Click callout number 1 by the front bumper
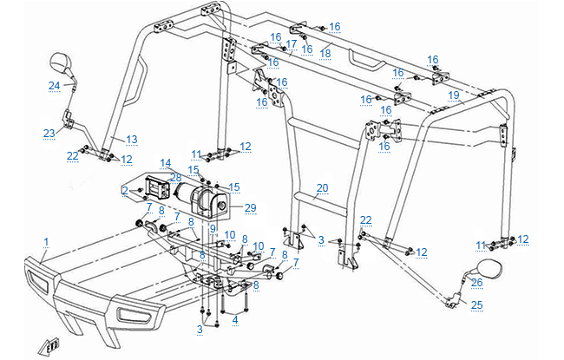46,239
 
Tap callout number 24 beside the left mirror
53,85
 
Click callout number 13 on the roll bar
132,139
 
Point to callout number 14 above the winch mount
165,162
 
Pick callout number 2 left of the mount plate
125,190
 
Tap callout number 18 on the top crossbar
325,53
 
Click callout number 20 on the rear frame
323,188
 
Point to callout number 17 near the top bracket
292,43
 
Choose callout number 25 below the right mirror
475,304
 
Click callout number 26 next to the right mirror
475,281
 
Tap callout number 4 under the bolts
234,319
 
